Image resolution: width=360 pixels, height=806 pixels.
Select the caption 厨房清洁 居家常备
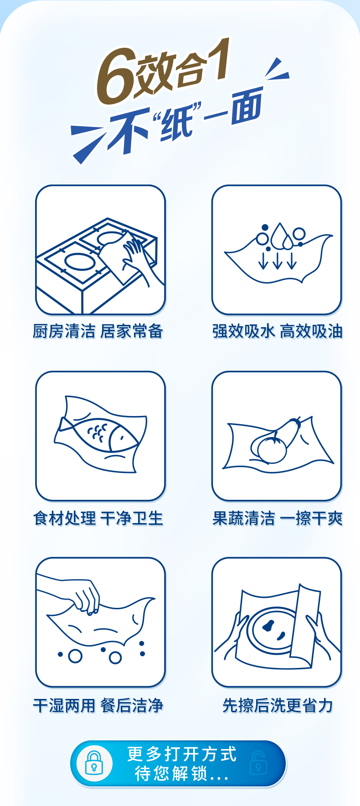pyautogui.click(x=98, y=331)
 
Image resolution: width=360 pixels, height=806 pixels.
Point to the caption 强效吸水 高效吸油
pyautogui.click(x=277, y=331)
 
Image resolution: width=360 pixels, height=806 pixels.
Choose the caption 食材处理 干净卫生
pyautogui.click(x=98, y=518)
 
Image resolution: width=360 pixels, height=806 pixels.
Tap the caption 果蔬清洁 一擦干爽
pyautogui.click(x=277, y=518)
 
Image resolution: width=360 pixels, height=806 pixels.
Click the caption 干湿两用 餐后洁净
pyautogui.click(x=98, y=705)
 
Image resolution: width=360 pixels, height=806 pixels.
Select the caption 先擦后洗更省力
pyautogui.click(x=278, y=705)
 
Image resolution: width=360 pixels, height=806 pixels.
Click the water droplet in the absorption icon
pyautogui.click(x=279, y=236)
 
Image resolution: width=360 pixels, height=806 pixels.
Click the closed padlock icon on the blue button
pyautogui.click(x=94, y=763)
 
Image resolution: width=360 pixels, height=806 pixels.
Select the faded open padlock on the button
pyautogui.click(x=258, y=763)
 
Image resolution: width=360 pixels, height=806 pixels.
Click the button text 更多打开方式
pyautogui.click(x=182, y=754)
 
